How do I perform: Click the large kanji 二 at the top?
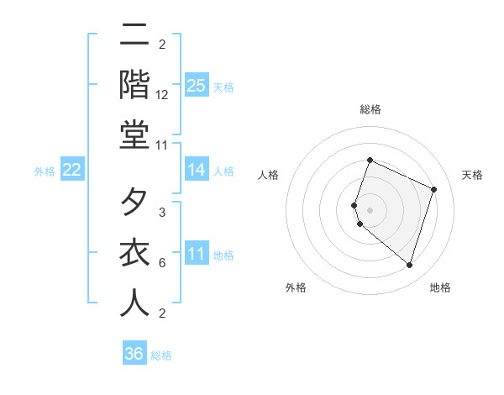[134, 35]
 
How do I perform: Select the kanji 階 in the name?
[134, 85]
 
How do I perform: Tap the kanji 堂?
[134, 134]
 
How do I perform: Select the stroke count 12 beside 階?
[162, 96]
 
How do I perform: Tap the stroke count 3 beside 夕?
[162, 213]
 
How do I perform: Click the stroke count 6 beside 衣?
[162, 263]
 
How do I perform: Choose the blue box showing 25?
[196, 85]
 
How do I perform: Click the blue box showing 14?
[196, 171]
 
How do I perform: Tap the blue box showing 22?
[72, 171]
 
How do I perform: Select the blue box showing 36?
[134, 354]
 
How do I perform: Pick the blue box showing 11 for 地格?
[196, 255]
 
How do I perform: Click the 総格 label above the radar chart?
[370, 109]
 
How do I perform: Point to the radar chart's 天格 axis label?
[472, 175]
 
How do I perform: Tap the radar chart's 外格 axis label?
[296, 287]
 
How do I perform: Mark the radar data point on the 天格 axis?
[434, 189]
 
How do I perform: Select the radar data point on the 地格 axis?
[409, 265]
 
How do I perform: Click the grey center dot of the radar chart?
[370, 209]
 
